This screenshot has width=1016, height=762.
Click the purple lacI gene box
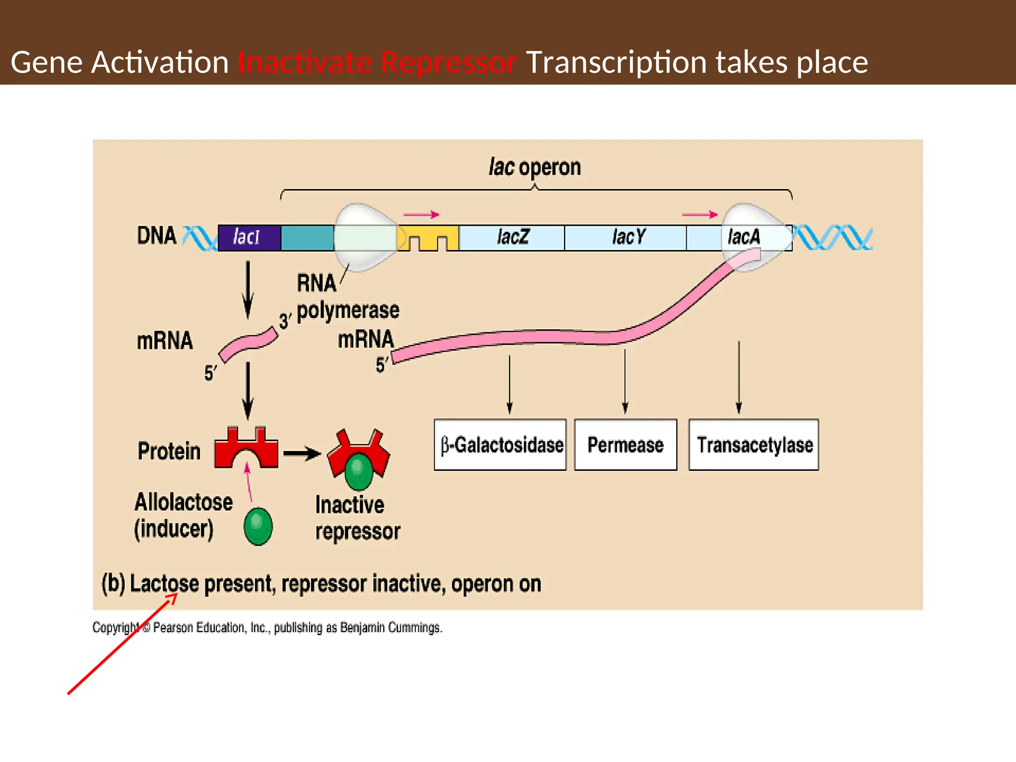point(249,238)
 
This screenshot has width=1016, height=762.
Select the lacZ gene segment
point(512,238)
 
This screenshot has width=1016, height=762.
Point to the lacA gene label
point(743,237)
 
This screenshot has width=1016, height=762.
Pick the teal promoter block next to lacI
point(307,238)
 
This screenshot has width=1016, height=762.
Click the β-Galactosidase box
point(500,445)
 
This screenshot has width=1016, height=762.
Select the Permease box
point(626,445)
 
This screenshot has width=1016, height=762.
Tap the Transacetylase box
point(754,445)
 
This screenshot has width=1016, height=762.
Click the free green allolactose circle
point(258,526)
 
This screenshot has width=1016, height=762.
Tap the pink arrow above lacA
point(699,215)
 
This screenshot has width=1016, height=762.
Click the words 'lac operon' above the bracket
point(534,167)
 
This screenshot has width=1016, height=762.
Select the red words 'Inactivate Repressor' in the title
point(377,63)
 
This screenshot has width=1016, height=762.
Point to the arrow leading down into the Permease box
point(625,382)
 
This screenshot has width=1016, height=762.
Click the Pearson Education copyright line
point(267,628)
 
